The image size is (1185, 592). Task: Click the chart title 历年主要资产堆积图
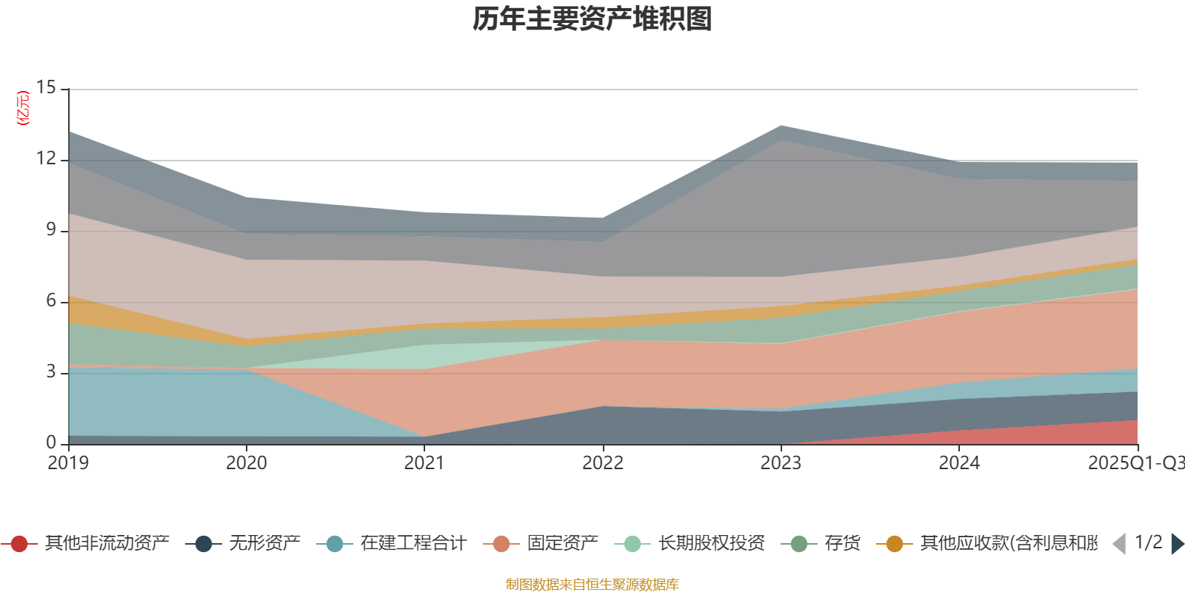pos(592,19)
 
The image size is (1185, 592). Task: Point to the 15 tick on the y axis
pos(47,87)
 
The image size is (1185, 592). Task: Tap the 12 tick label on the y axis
pos(47,158)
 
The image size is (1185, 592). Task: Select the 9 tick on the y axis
pos(51,229)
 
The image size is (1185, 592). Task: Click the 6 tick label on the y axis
pos(51,300)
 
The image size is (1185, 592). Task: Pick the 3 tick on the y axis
pos(51,371)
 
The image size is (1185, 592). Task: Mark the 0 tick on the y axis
pos(51,443)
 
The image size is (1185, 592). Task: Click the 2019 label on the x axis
pos(68,463)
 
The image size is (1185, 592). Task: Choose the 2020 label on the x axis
pos(247,463)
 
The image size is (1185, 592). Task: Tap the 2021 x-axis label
pos(424,463)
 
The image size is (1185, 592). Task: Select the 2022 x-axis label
pos(603,463)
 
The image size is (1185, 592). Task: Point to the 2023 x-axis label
pos(781,463)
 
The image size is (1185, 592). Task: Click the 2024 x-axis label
pos(959,463)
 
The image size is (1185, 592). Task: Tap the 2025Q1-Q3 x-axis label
pos(1135,463)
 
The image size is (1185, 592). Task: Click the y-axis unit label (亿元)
pos(24,108)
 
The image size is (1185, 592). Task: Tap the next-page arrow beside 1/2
pos(1177,544)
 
